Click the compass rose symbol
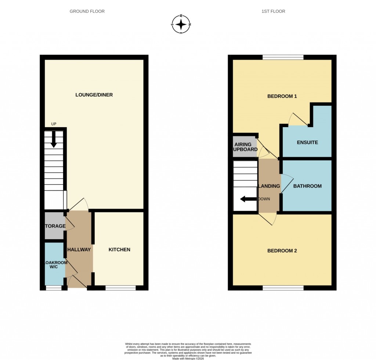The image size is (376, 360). [181, 25]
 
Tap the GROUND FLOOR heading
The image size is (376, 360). [87, 11]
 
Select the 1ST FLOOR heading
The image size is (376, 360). [273, 11]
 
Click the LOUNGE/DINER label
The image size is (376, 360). [94, 95]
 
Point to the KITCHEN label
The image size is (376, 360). [119, 249]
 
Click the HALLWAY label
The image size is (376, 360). [79, 249]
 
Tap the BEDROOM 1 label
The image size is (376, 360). [282, 96]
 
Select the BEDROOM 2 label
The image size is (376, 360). [282, 251]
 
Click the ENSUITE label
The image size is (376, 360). [307, 142]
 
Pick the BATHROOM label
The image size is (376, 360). [307, 186]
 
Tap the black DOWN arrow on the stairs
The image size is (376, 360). [248, 199]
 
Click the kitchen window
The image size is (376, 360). [120, 288]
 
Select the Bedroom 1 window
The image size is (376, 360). [283, 57]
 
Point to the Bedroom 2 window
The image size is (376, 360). [283, 288]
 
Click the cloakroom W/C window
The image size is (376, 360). [54, 288]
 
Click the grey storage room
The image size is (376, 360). [54, 226]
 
